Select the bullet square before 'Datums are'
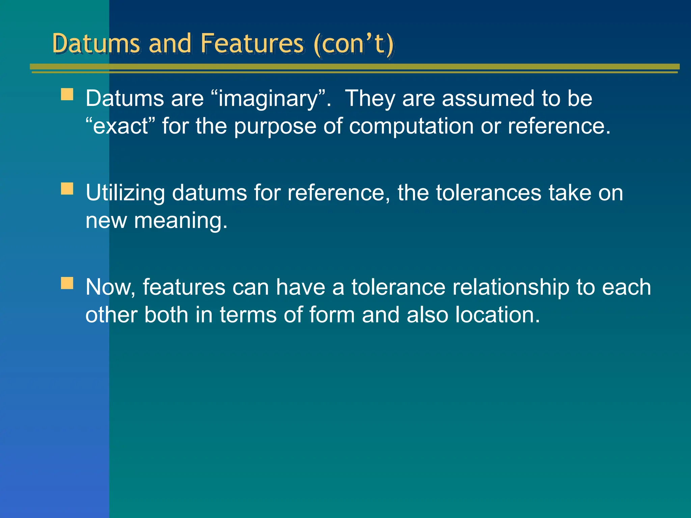tap(67, 94)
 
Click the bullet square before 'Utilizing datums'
tap(67, 189)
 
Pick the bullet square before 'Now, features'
tap(67, 283)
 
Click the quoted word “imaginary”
tap(268, 99)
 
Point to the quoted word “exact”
tap(120, 126)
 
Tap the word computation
tap(411, 126)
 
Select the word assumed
tap(488, 99)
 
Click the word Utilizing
tap(125, 193)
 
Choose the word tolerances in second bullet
tap(488, 193)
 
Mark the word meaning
tap(181, 221)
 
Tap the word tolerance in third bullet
tap(398, 287)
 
